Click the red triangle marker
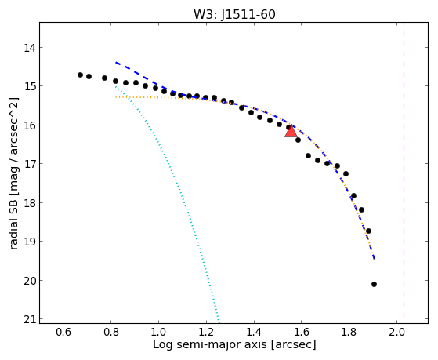[291, 131]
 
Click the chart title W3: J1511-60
[234, 14]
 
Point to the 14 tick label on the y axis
[30, 48]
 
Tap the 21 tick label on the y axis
[30, 319]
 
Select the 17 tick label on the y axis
[30, 164]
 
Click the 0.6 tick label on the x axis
[63, 332]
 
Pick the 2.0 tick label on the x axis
[396, 332]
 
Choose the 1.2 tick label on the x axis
[206, 332]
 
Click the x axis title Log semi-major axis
[210, 344]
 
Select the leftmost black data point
[80, 75]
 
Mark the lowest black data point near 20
[374, 284]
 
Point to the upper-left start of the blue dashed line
[116, 63]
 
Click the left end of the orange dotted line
[116, 97]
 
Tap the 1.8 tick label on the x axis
[349, 332]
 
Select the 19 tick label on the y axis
[30, 241]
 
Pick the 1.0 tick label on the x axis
[158, 332]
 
